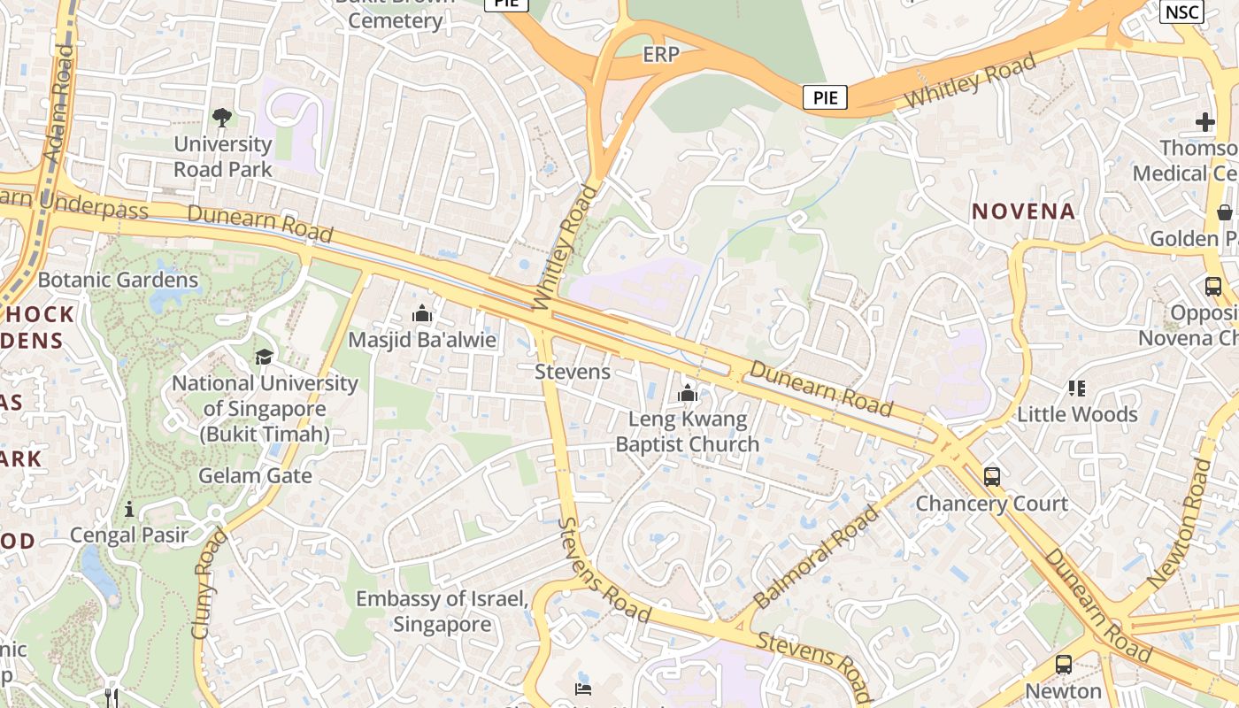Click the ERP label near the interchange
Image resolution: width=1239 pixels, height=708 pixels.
(661, 55)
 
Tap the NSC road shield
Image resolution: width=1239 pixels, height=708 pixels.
(1181, 12)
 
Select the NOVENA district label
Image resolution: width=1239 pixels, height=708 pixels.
(1023, 211)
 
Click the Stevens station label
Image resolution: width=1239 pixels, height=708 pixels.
(573, 372)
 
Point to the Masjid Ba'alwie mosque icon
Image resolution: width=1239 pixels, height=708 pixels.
(422, 314)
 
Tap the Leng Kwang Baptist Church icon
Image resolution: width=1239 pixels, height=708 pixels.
(688, 393)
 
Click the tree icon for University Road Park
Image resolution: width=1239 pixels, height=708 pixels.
(222, 118)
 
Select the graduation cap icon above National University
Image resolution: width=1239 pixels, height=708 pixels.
(264, 357)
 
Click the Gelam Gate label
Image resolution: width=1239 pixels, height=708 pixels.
(255, 475)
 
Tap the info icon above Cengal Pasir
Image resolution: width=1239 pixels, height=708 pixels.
(129, 509)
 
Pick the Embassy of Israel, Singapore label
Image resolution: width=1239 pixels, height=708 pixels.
(442, 612)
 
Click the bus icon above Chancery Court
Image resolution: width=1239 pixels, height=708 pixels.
(992, 477)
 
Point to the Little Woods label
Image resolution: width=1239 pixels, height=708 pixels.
(1077, 414)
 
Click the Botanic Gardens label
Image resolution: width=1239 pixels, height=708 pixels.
(119, 281)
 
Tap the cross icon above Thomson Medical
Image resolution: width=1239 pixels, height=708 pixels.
(1205, 122)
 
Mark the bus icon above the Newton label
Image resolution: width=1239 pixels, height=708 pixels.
(1064, 664)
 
